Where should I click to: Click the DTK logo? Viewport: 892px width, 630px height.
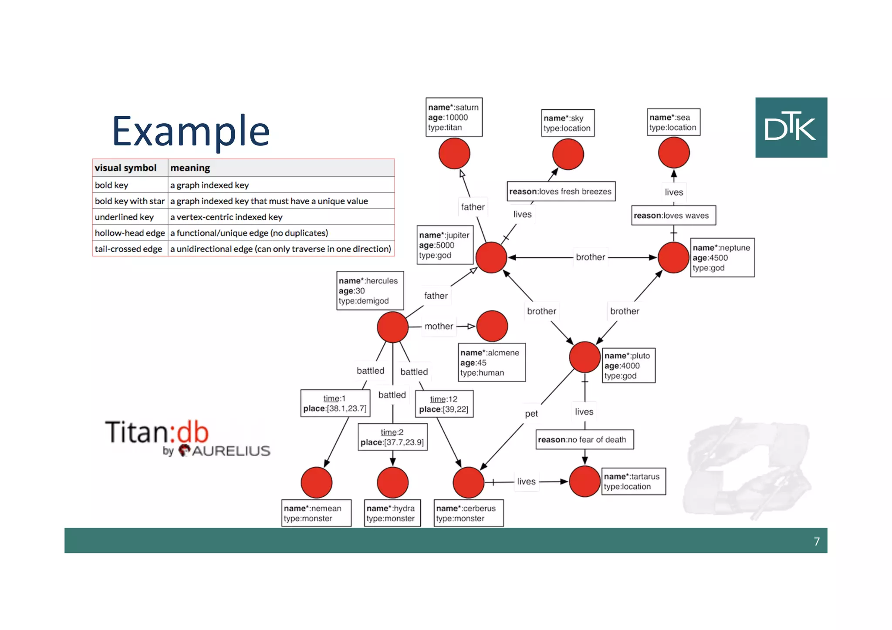[x=791, y=127]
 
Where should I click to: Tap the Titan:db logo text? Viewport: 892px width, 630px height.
[x=157, y=432]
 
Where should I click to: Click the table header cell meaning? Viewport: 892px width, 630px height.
[x=281, y=168]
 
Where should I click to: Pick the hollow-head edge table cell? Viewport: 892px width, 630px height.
[x=130, y=233]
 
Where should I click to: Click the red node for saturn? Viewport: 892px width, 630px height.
[x=454, y=154]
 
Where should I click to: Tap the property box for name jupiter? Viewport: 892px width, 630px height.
[x=444, y=245]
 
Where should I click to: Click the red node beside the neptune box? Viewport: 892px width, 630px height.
[x=673, y=258]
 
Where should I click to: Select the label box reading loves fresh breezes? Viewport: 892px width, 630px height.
[x=561, y=192]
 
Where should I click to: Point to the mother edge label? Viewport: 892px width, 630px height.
[x=439, y=326]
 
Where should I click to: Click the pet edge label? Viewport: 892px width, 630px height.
[x=531, y=414]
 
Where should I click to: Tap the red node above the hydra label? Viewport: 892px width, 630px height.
[x=392, y=482]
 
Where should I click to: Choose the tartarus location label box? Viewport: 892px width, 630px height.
[x=633, y=482]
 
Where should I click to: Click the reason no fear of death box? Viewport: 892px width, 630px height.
[x=584, y=440]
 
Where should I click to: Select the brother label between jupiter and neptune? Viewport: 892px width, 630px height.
[x=590, y=257]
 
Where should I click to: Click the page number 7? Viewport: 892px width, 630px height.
[x=816, y=541]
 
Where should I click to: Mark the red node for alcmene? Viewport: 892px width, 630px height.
[x=492, y=326]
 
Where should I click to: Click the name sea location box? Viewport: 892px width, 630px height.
[x=673, y=122]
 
